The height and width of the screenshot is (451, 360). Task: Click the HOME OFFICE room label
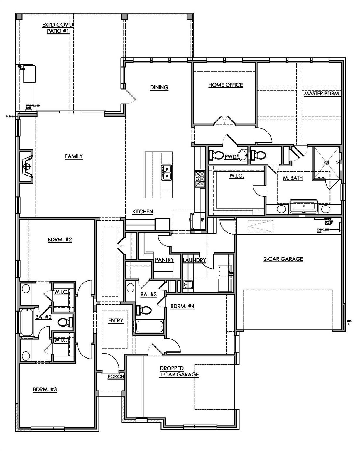(226, 85)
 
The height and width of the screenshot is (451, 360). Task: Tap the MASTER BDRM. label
(322, 94)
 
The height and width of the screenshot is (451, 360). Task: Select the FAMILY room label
(74, 156)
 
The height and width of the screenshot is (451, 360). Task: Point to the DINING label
(159, 87)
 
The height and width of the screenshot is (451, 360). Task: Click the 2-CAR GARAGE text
(283, 259)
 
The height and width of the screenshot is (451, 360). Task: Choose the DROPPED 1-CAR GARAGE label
(179, 371)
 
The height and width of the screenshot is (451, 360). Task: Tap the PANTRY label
(164, 260)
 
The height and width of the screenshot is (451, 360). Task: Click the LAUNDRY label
(194, 260)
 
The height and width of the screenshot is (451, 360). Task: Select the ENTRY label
(116, 321)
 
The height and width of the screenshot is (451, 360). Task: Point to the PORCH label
(116, 377)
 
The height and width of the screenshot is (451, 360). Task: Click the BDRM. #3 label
(45, 390)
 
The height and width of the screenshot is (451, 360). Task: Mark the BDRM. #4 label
(182, 306)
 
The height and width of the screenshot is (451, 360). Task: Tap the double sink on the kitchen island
(166, 172)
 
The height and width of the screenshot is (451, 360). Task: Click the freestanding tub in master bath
(303, 206)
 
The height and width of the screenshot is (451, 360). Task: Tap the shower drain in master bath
(326, 162)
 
